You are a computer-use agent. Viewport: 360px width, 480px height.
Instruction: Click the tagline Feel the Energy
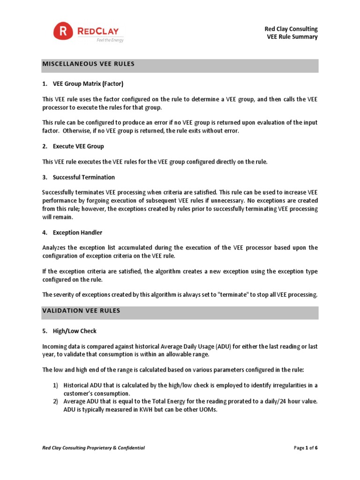[x=110, y=40]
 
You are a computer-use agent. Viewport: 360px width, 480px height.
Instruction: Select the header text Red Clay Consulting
[x=291, y=29]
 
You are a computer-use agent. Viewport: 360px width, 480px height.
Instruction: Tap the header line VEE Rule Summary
[x=292, y=37]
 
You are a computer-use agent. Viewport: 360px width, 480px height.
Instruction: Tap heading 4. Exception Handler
[x=72, y=232]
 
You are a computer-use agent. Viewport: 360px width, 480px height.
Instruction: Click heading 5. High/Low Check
[x=69, y=331]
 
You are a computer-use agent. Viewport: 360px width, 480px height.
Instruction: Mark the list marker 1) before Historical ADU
[x=55, y=385]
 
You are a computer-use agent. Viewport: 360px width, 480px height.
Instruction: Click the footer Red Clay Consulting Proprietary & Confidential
[x=93, y=448]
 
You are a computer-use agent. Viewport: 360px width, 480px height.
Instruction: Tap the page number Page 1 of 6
[x=306, y=448]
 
